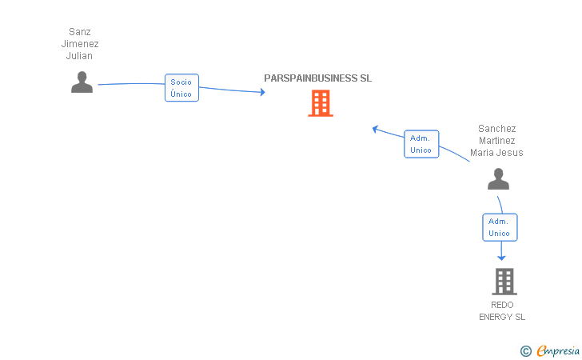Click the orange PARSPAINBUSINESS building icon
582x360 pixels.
(320, 103)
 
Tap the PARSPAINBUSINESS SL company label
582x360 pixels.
(318, 78)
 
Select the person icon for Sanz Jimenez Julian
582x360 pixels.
(82, 82)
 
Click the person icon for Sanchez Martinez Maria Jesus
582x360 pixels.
(498, 179)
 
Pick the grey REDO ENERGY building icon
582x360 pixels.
(504, 282)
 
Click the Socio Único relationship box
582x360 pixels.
(181, 88)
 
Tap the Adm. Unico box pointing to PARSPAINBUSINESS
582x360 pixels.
(421, 144)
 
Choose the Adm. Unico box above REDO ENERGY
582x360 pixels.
(500, 227)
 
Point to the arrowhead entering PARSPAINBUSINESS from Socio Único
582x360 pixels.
(261, 93)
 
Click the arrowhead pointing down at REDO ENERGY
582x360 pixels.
(502, 258)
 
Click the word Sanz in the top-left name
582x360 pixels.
(79, 33)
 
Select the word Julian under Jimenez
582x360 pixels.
(79, 56)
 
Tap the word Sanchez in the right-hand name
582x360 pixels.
(496, 129)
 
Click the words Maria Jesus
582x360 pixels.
(496, 153)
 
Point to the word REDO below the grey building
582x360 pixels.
(502, 305)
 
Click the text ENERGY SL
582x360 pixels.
(502, 317)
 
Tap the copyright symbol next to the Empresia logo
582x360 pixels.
(525, 350)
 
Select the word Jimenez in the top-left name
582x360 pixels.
(79, 44)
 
